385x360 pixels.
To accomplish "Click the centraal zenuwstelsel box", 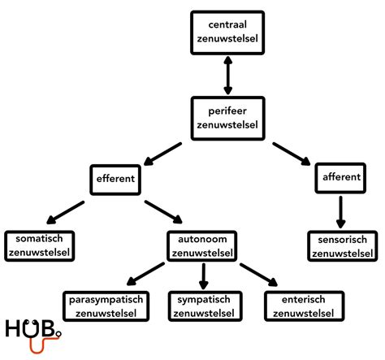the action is point(227,33).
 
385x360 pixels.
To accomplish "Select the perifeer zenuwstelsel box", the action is point(227,119).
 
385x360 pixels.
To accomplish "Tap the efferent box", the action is point(115,180).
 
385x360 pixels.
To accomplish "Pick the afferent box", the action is point(340,178).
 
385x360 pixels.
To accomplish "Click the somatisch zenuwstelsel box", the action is point(40,246).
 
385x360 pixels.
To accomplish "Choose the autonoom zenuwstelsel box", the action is point(202,246).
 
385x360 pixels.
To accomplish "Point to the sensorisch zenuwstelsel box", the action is point(343,246).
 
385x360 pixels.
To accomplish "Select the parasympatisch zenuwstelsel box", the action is point(106,306).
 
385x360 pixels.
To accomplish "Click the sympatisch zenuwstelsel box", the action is point(205,306).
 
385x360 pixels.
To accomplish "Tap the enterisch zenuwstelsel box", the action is point(305,306).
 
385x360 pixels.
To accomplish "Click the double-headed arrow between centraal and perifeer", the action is point(228,76).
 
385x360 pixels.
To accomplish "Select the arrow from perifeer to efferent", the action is point(162,154).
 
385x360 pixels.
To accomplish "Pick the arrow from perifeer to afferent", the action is point(292,154).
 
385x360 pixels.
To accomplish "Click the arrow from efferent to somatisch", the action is point(66,212).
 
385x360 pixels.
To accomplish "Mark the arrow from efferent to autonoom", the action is point(163,211).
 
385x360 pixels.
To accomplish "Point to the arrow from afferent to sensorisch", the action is point(340,212).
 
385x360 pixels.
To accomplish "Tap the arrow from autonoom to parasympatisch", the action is point(145,274).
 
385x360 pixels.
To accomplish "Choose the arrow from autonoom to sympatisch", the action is point(204,276).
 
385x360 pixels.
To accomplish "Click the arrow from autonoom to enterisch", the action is point(258,275).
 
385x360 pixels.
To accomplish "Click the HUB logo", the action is point(33,336).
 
